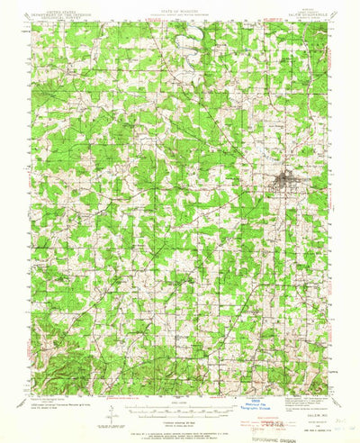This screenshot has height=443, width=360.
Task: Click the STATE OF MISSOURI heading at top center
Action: click(180, 8)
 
